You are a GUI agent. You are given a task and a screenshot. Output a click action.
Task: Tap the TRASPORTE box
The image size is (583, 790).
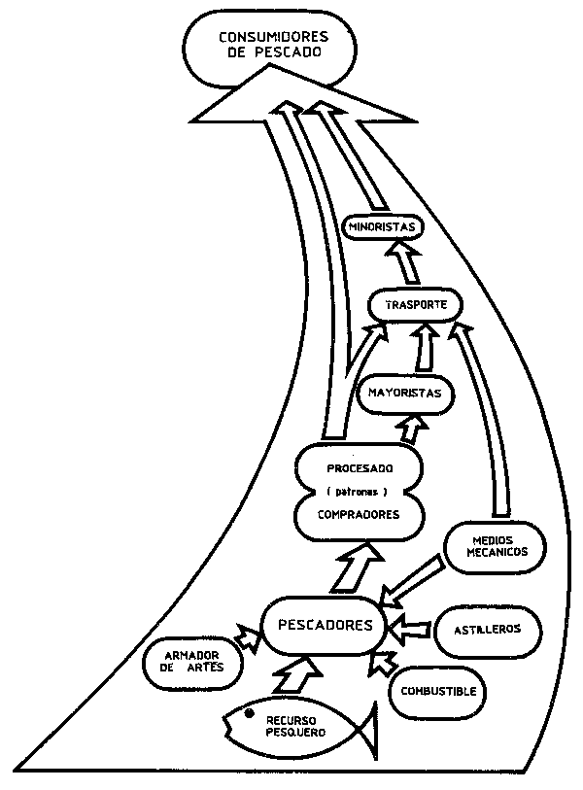[415, 305]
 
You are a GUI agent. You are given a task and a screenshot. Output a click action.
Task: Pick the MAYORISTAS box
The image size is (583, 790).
[405, 393]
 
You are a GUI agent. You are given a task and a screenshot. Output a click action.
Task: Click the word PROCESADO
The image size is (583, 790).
[359, 468]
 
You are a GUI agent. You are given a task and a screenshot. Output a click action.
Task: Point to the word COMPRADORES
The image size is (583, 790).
[359, 515]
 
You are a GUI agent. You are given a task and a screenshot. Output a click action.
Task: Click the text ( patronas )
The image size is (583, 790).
[359, 492]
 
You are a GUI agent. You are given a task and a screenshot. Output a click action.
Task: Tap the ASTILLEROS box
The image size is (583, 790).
[487, 629]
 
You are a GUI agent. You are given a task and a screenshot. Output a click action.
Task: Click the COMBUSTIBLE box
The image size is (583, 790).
[438, 692]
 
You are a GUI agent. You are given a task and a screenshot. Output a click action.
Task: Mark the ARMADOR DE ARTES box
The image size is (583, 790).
[191, 662]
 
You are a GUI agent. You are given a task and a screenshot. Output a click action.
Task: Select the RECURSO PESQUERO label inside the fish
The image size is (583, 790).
[295, 726]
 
